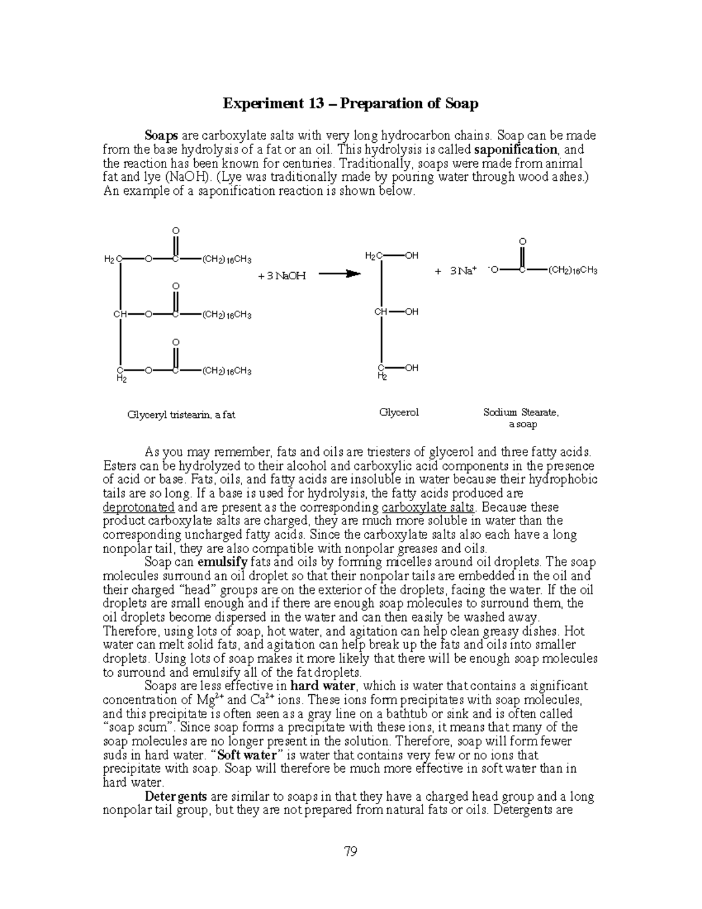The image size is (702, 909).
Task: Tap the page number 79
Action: click(350, 851)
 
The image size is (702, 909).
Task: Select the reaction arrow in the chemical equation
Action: click(339, 273)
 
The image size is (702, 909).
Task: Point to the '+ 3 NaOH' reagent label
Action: click(282, 275)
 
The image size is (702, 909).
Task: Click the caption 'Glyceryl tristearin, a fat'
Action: click(181, 414)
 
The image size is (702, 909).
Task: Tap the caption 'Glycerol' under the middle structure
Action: click(399, 412)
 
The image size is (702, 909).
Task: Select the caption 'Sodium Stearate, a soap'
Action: click(521, 418)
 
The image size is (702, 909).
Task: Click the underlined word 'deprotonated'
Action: click(139, 507)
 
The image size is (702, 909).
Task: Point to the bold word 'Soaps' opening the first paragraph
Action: click(161, 136)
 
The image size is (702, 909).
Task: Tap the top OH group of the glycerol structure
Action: click(411, 256)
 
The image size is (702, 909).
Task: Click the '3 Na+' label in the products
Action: click(464, 270)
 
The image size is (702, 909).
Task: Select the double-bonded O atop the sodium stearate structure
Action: click(522, 242)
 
